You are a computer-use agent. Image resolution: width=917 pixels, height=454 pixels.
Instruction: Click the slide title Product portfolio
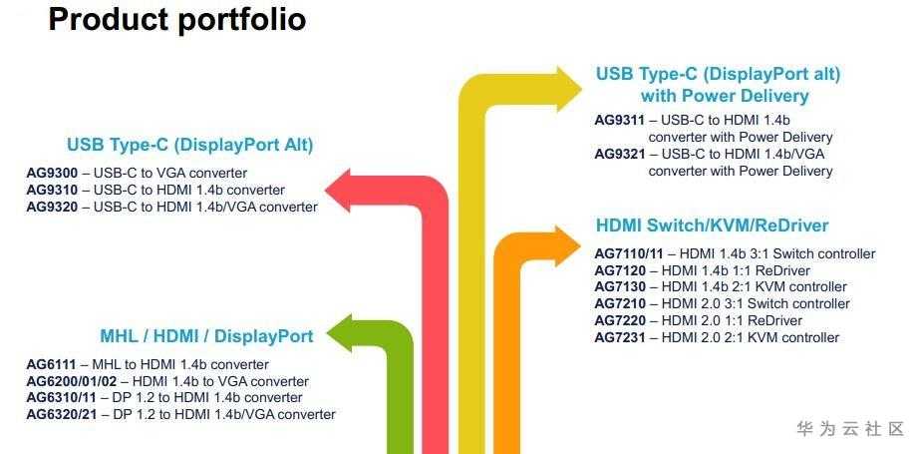[176, 19]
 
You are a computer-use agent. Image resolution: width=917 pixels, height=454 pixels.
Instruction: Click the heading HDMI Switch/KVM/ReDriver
[712, 226]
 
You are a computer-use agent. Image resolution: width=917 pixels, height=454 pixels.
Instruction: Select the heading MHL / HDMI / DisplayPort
[206, 336]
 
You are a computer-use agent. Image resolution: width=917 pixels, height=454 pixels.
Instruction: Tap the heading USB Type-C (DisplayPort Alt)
[190, 146]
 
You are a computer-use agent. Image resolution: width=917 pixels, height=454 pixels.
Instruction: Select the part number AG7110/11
[629, 254]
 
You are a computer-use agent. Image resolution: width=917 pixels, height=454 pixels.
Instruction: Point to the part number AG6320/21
[60, 414]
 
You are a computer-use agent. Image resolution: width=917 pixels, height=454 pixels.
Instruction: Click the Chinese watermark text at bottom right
[850, 429]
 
